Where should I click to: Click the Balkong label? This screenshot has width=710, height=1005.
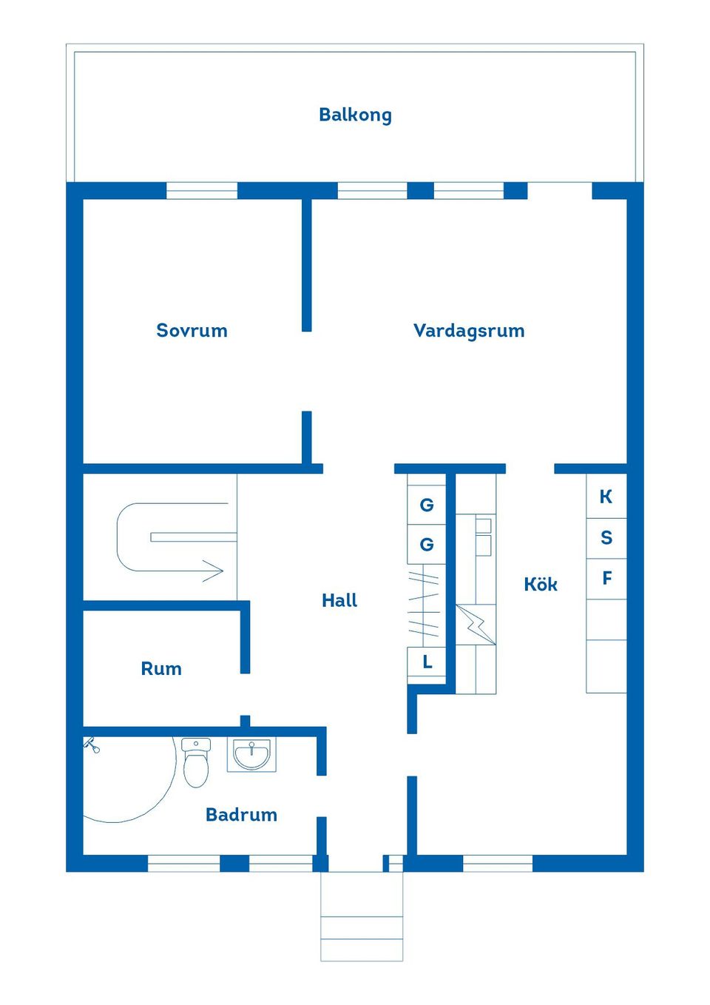point(355,115)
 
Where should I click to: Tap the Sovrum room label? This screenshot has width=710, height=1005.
point(192,331)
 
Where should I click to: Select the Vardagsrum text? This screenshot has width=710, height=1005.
point(469,331)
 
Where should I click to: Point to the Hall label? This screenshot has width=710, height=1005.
point(339,600)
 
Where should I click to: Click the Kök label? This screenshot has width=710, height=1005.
point(541,585)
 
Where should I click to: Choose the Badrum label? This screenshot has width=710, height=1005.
point(241,815)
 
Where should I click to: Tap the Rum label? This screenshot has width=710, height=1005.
point(161,669)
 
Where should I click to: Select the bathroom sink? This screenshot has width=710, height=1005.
point(251,756)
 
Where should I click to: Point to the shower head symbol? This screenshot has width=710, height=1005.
point(91,744)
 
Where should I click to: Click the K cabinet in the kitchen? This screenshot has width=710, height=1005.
point(606,497)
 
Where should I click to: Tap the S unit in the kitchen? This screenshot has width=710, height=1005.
point(606,538)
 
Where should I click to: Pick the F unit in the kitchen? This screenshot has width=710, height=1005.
point(606,578)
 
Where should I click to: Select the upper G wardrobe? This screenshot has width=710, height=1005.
point(427,505)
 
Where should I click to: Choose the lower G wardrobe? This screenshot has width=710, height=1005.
point(427,545)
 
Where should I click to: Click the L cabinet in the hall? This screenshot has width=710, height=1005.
point(427,662)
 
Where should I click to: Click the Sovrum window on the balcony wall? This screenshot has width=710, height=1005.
point(201,191)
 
